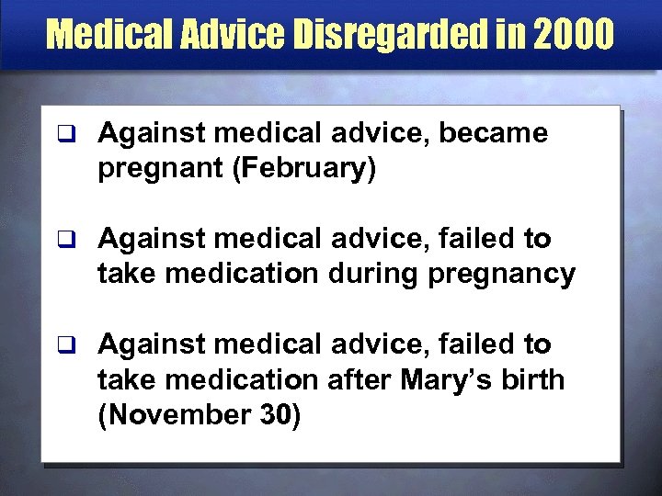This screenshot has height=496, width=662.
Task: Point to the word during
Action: [x=376, y=274]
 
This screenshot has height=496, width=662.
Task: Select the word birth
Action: [x=535, y=379]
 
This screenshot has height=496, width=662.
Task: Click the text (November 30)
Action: [x=199, y=414]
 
